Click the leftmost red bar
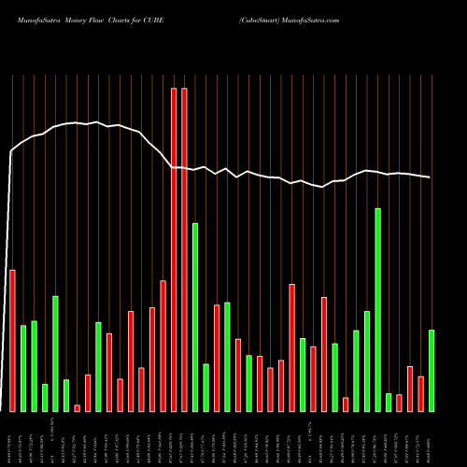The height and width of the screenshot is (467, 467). (12, 340)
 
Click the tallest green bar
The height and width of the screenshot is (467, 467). (378, 309)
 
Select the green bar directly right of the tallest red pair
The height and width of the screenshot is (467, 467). (195, 317)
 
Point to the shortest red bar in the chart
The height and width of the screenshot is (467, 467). (77, 407)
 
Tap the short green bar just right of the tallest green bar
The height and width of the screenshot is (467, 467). (389, 402)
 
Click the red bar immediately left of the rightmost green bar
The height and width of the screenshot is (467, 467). (421, 393)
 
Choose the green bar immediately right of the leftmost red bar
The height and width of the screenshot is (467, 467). (23, 368)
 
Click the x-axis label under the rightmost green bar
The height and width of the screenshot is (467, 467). (432, 439)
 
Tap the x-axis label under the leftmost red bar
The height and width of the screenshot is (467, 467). (12, 439)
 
